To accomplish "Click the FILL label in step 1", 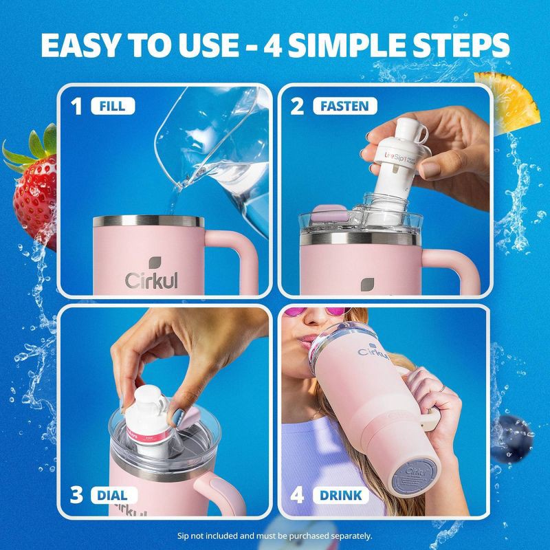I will click(112, 106).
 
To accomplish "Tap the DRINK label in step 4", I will click(342, 495).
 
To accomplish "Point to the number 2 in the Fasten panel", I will click(297, 106).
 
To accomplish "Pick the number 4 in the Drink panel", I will click(298, 495).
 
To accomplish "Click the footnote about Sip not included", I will click(275, 535).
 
